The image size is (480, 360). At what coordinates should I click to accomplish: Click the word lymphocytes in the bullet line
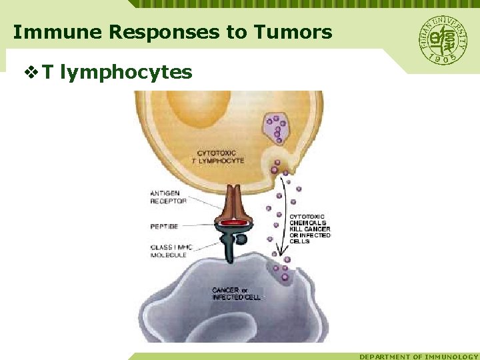pyautogui.click(x=126, y=72)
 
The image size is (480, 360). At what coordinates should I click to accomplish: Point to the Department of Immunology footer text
pyautogui.click(x=419, y=357)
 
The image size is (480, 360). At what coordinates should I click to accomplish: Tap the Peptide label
pyautogui.click(x=164, y=227)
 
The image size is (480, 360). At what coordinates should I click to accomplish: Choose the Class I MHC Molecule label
pyautogui.click(x=171, y=251)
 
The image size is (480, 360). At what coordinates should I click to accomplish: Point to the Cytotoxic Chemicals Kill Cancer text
pyautogui.click(x=309, y=228)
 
